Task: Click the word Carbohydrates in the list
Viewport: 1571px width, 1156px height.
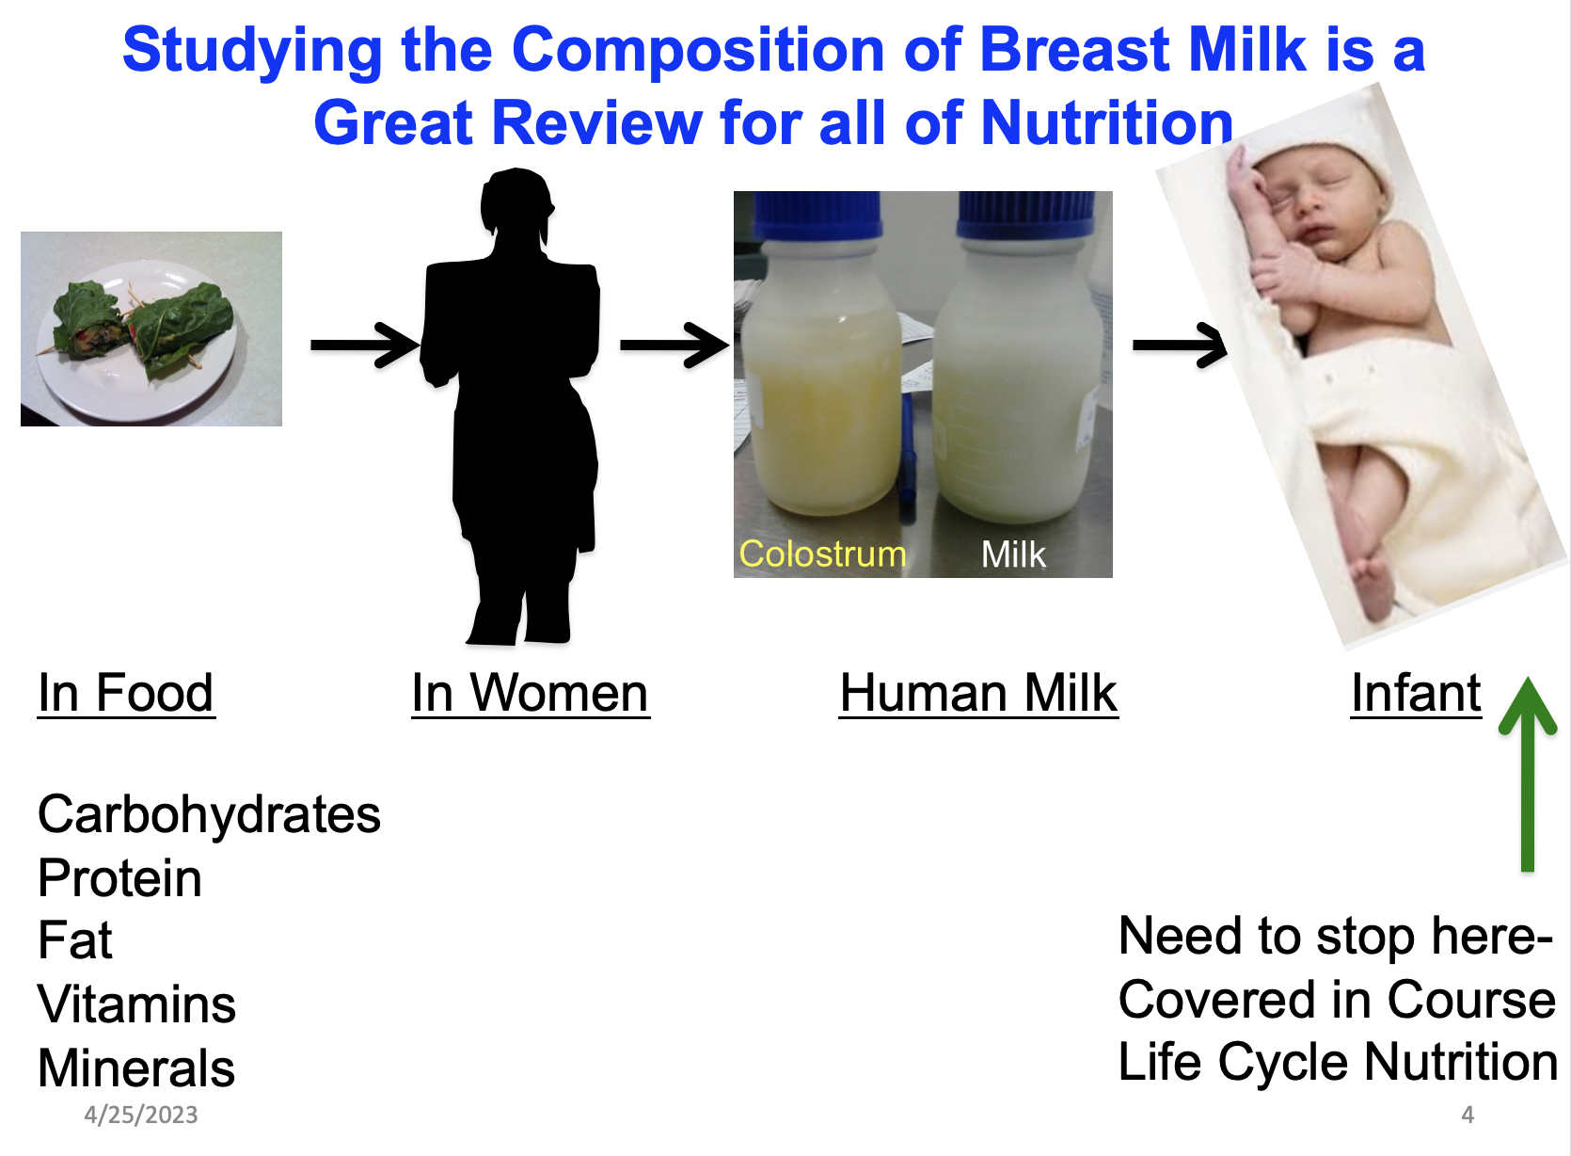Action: [x=209, y=815]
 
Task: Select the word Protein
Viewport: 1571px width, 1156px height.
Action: [x=119, y=878]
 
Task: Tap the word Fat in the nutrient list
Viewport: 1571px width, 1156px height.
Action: [x=75, y=940]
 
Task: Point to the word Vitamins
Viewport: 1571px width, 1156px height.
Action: [x=136, y=1003]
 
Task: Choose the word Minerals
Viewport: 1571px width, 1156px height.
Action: [x=136, y=1068]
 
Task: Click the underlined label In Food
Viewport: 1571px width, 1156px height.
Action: [x=126, y=694]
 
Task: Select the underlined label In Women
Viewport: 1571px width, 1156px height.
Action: [x=531, y=694]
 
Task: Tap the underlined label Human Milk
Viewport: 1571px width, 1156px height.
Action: [x=978, y=694]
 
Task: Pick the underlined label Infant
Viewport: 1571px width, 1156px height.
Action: [x=1416, y=694]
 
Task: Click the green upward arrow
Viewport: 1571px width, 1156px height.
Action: [x=1528, y=775]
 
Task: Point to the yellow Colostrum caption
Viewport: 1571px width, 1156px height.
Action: [x=823, y=554]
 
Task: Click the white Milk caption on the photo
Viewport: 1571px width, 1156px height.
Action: [x=1013, y=554]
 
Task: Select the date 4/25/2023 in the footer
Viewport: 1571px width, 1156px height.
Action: [x=141, y=1115]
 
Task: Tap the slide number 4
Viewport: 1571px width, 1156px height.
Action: [x=1468, y=1115]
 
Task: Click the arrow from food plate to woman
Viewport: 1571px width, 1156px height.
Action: [x=365, y=345]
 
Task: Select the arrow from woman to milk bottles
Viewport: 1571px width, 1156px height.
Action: [x=674, y=345]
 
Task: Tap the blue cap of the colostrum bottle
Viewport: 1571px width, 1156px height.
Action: [x=817, y=215]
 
